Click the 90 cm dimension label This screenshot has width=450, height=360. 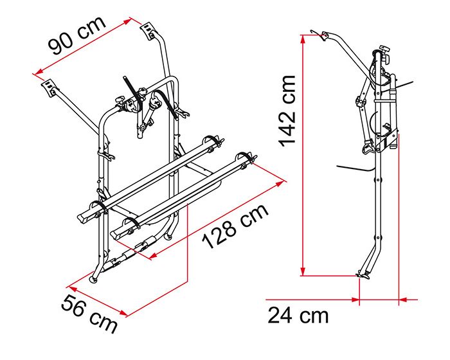(x=77, y=35)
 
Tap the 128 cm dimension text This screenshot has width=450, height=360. (x=235, y=226)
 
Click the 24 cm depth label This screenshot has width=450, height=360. (x=298, y=316)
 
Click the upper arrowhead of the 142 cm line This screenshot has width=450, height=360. (x=303, y=39)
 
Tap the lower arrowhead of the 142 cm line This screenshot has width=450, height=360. (x=303, y=271)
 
